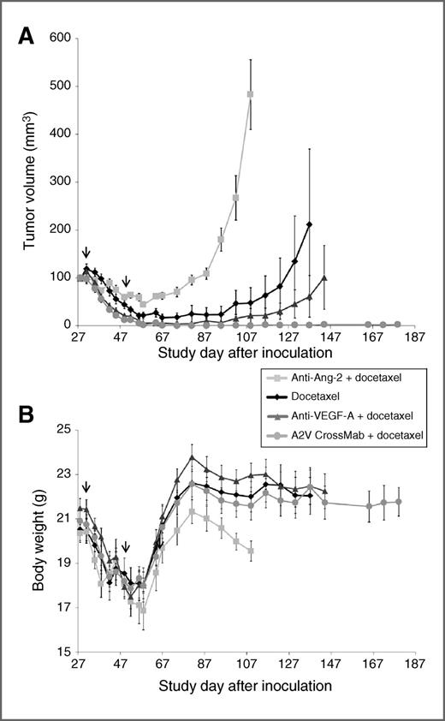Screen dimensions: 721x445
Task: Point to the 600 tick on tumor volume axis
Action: (59, 38)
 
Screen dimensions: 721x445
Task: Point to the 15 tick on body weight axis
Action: (63, 652)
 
